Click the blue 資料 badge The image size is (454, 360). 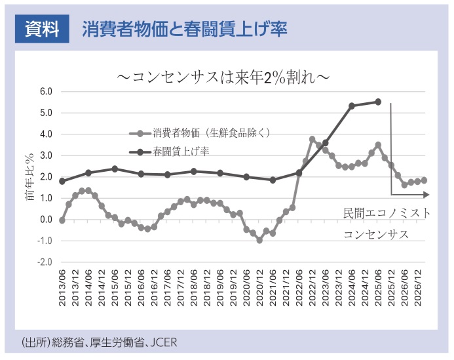coord(42,30)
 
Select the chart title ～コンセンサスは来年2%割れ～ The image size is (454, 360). coord(223,77)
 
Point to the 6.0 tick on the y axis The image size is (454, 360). coord(45,91)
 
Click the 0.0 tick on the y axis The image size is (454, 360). coord(45,220)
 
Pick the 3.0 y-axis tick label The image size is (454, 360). coord(45,155)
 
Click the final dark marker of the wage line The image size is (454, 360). coord(378,102)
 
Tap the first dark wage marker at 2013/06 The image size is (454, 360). coord(62,181)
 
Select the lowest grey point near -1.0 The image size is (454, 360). coord(259,241)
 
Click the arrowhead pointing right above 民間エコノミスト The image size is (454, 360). coord(426,194)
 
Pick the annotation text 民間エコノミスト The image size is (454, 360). coord(387,213)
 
